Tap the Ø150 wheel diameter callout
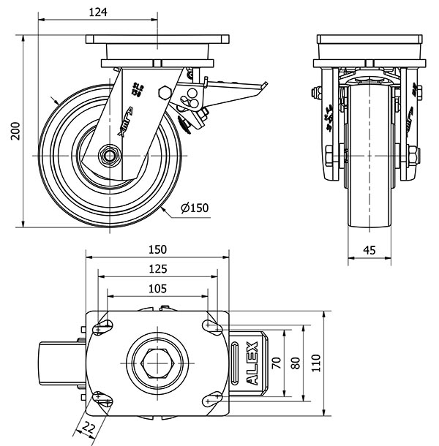194,208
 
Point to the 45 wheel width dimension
369,249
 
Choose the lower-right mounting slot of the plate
214,397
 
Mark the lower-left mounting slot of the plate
102,397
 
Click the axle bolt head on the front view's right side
413,155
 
